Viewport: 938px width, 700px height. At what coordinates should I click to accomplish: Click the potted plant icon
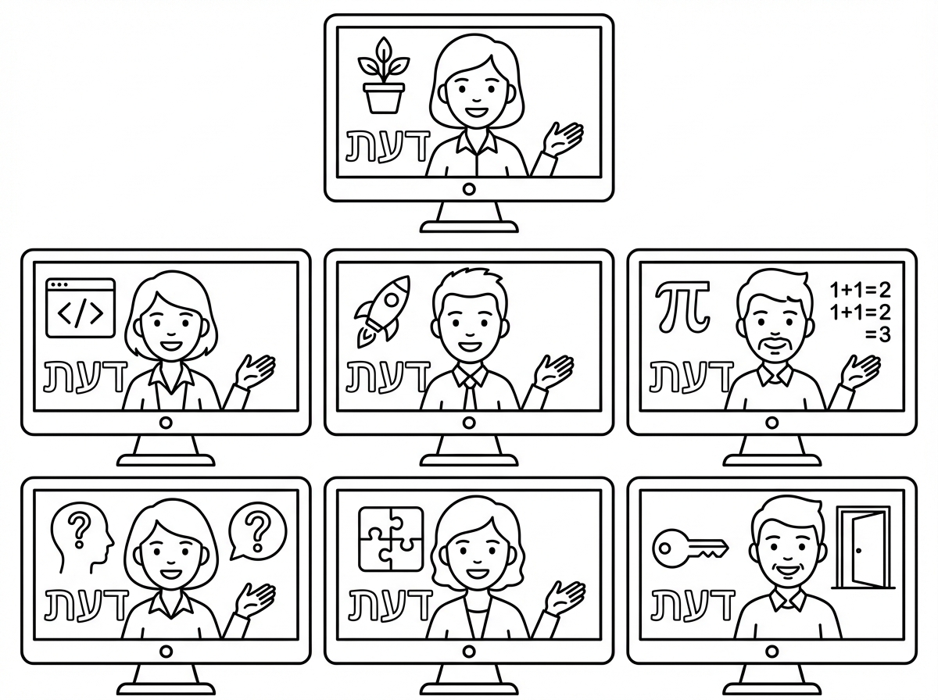(383, 76)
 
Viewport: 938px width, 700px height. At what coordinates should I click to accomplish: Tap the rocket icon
(382, 310)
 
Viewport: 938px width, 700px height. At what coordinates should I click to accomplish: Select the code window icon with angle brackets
(81, 308)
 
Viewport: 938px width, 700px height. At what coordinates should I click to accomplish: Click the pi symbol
(682, 305)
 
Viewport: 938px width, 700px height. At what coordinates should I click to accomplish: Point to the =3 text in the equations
(878, 335)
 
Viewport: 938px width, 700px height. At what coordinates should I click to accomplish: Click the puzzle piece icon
(391, 539)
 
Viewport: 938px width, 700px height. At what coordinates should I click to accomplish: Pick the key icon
(690, 548)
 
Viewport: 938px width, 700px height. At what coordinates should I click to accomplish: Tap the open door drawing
(862, 548)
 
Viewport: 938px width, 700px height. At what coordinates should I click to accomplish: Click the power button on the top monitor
(469, 189)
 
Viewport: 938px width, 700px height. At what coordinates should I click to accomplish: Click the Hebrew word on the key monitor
(693, 605)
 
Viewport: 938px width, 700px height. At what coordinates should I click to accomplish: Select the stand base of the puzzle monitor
(469, 690)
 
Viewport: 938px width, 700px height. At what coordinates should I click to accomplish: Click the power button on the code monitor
(166, 423)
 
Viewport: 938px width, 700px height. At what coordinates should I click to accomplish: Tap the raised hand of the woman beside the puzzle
(565, 598)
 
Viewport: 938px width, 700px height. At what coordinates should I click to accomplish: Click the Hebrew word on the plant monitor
(387, 146)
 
